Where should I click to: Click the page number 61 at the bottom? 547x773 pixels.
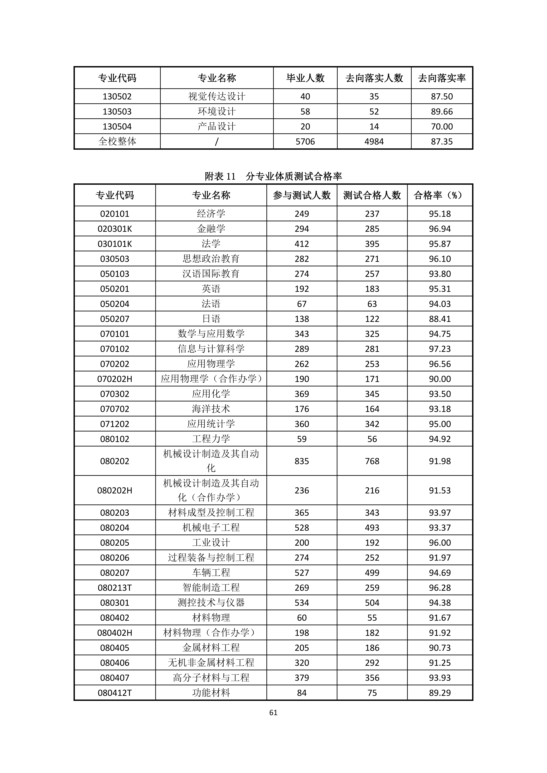[273, 712]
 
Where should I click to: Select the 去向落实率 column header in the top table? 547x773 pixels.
[442, 78]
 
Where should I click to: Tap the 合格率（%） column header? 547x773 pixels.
[440, 195]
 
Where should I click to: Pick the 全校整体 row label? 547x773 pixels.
[117, 141]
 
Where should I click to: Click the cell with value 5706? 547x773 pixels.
[305, 141]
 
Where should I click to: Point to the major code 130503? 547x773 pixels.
[117, 111]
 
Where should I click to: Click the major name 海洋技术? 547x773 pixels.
[211, 409]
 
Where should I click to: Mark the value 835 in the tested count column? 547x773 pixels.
[302, 461]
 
